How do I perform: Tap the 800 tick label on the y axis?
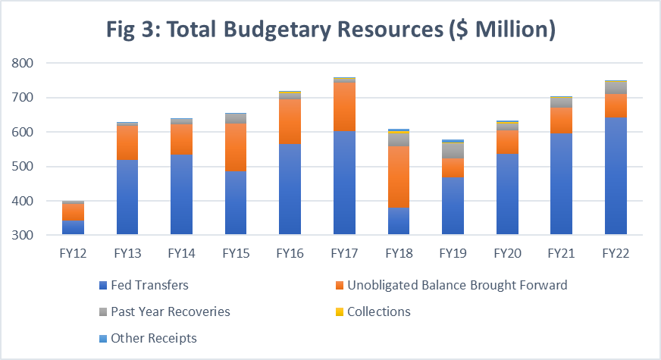coord(24,64)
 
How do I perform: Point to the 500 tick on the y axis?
coord(24,167)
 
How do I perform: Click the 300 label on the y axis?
coord(24,236)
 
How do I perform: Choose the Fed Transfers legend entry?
coord(144,286)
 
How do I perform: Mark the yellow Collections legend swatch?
coord(339,311)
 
